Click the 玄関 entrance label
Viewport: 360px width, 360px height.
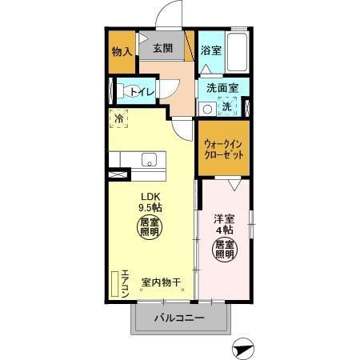tap(163, 48)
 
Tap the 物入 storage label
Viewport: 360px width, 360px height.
tap(122, 52)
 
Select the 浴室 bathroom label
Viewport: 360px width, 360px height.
tap(210, 50)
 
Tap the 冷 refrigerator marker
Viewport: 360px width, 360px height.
tap(119, 119)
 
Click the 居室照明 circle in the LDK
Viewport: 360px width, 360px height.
tap(150, 228)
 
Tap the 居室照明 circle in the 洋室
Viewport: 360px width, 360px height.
tap(223, 250)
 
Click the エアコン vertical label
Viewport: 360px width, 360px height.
tap(126, 284)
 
